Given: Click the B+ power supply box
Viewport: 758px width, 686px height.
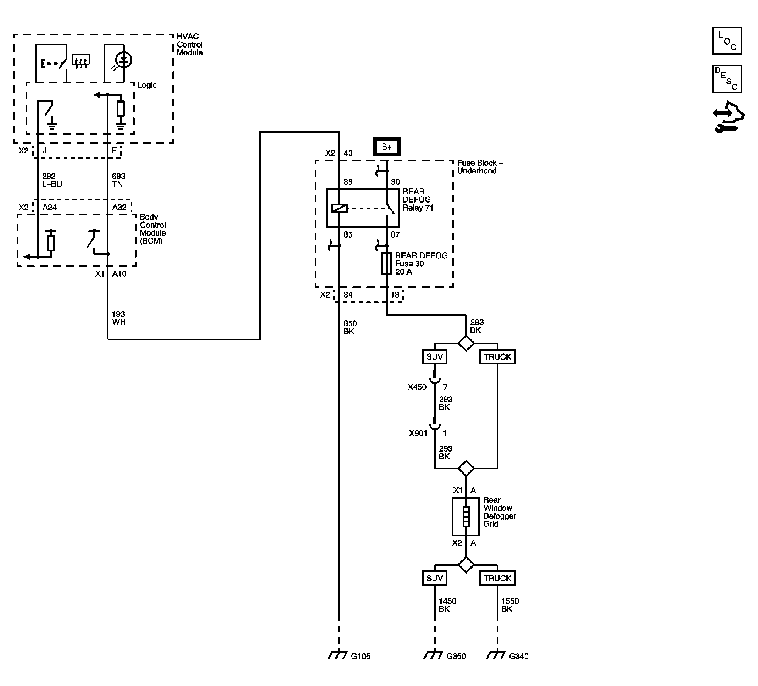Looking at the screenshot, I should (386, 147).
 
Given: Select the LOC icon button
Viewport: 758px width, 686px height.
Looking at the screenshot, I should (726, 41).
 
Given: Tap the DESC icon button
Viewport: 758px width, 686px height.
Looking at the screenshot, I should (726, 79).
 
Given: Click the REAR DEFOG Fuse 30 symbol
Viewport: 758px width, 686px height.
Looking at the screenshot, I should (386, 263).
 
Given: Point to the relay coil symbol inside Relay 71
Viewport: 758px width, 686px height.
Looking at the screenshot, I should (339, 208).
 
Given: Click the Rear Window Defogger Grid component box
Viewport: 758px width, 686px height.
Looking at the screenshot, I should (466, 516).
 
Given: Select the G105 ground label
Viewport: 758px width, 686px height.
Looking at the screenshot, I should (360, 656).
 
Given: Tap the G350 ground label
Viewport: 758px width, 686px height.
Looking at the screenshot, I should (456, 656).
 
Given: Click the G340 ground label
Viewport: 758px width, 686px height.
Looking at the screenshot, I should (518, 656).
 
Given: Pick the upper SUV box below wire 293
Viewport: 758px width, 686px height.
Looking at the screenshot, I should (435, 357).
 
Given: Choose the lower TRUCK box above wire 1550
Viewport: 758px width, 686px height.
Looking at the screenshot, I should (497, 578).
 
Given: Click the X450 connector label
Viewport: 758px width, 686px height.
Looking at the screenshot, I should (417, 387).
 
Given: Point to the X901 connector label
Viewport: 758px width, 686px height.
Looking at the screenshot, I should (418, 433).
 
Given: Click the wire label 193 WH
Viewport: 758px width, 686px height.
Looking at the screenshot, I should (118, 318).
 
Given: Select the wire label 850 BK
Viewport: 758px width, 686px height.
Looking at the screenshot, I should (349, 327).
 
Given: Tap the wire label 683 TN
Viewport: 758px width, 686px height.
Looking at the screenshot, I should (118, 180).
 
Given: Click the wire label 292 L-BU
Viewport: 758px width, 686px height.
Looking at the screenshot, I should (51, 180).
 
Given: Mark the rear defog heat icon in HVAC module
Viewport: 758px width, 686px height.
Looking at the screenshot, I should (81, 61).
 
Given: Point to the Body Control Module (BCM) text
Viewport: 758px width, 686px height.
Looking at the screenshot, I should (153, 229).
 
